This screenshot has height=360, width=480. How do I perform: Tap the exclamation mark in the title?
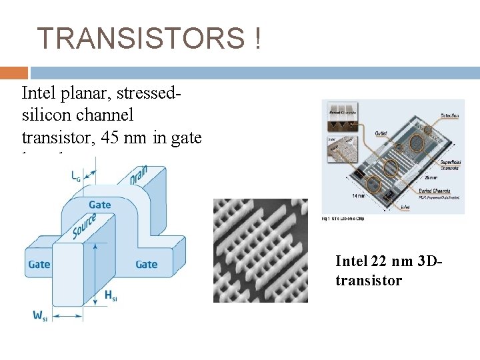point(257,39)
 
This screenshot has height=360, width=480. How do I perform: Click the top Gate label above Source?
point(100,204)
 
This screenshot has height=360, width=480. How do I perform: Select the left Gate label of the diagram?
point(39,265)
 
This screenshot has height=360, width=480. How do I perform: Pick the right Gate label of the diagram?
point(146,265)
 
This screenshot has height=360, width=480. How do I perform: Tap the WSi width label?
point(39,315)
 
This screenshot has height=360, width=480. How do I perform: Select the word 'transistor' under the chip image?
point(369,280)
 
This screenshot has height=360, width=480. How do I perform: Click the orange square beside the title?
point(14,73)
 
